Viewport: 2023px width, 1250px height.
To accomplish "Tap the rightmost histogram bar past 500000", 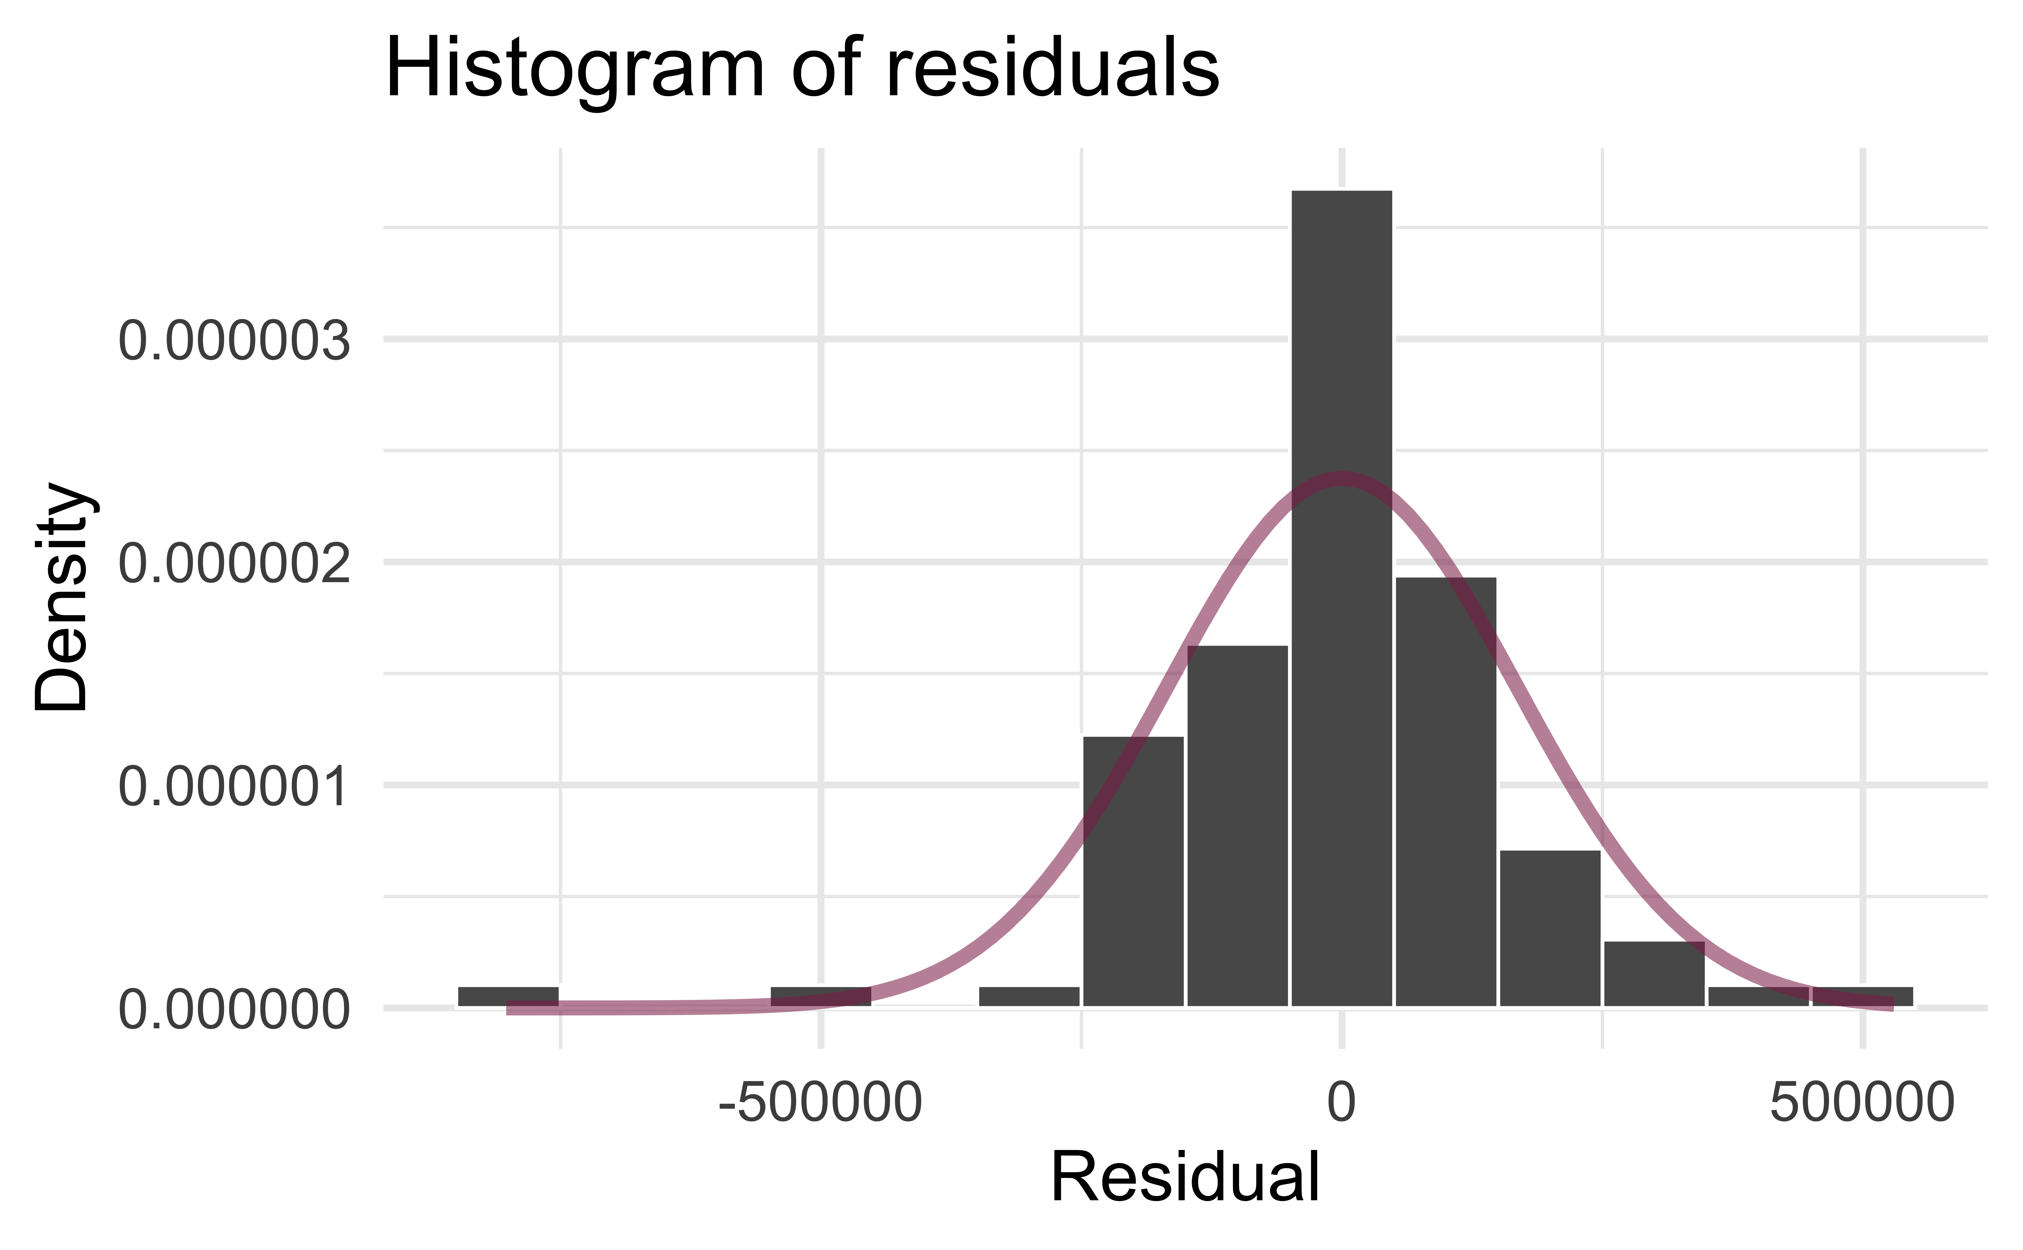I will point(1862,996).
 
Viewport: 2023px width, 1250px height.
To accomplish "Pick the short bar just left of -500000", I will point(820,996).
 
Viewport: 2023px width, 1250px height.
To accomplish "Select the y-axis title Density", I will point(62,595).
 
